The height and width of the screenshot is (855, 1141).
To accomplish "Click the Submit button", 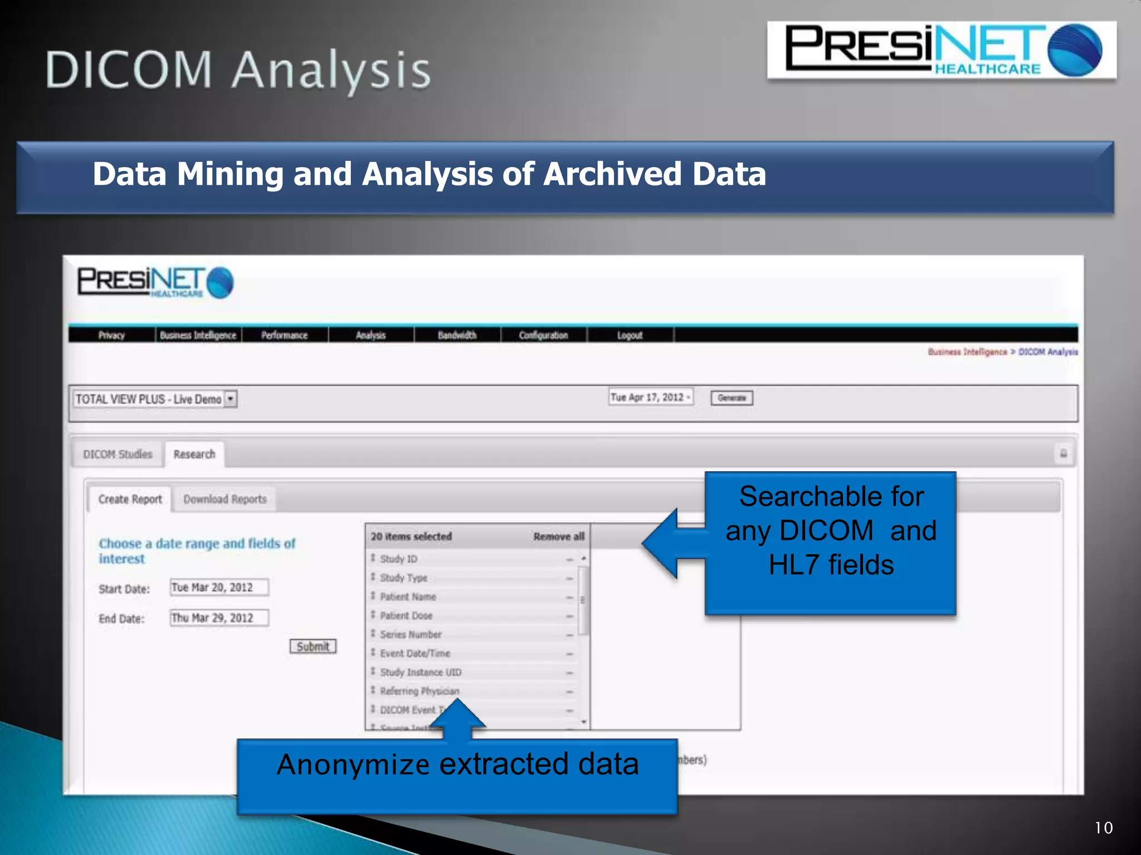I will click(313, 646).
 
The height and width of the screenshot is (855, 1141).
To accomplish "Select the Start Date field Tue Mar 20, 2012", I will click(219, 587).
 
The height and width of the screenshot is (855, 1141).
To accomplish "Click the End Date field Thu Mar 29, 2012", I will click(219, 618).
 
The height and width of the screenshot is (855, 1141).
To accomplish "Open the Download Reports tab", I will click(225, 499).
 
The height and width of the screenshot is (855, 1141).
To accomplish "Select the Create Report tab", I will click(130, 499).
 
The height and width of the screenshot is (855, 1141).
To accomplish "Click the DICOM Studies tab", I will click(118, 454).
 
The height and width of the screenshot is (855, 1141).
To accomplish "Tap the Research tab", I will click(194, 454).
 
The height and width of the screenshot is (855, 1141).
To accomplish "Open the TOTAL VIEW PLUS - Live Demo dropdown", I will click(231, 399).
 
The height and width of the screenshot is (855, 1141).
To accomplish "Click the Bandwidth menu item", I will click(457, 335).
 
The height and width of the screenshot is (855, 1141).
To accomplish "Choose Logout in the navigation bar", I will click(630, 335).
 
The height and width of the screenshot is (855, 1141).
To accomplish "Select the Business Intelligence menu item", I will click(198, 335).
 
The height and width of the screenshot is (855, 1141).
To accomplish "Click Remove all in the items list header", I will click(558, 537).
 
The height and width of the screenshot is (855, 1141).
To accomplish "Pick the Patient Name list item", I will click(408, 597).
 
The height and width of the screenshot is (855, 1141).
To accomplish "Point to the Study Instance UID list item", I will click(421, 672).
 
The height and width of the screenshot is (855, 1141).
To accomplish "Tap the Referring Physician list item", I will click(420, 691).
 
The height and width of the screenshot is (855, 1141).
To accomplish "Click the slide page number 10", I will click(1104, 828).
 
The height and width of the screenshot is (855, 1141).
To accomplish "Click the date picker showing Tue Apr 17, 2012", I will click(650, 397).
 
